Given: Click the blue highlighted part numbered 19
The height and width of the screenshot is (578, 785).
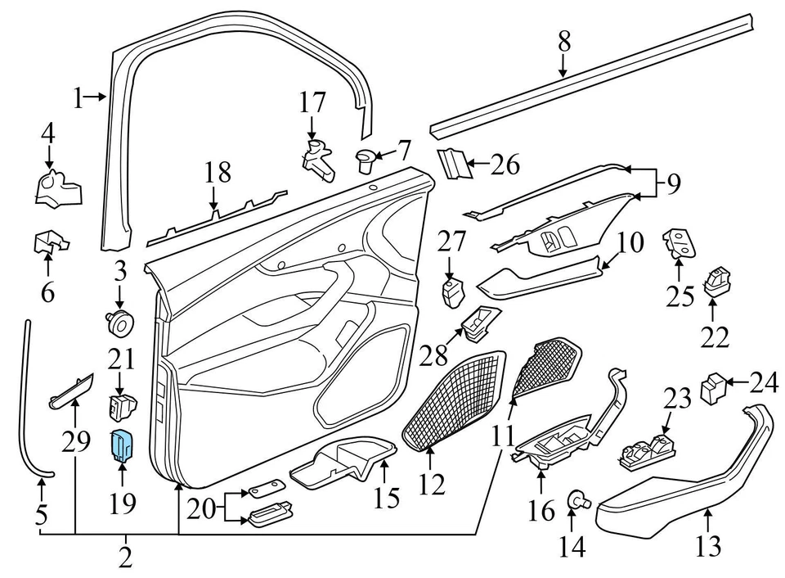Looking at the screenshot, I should click(122, 445).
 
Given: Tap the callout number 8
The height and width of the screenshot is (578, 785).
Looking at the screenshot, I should click(564, 41).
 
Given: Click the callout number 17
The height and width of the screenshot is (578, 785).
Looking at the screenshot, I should click(312, 103).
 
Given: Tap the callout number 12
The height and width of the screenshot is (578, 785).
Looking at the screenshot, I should click(432, 485).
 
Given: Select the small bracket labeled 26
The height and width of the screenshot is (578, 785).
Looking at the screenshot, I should click(455, 165).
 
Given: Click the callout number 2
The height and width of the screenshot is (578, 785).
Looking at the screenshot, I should click(124, 558).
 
